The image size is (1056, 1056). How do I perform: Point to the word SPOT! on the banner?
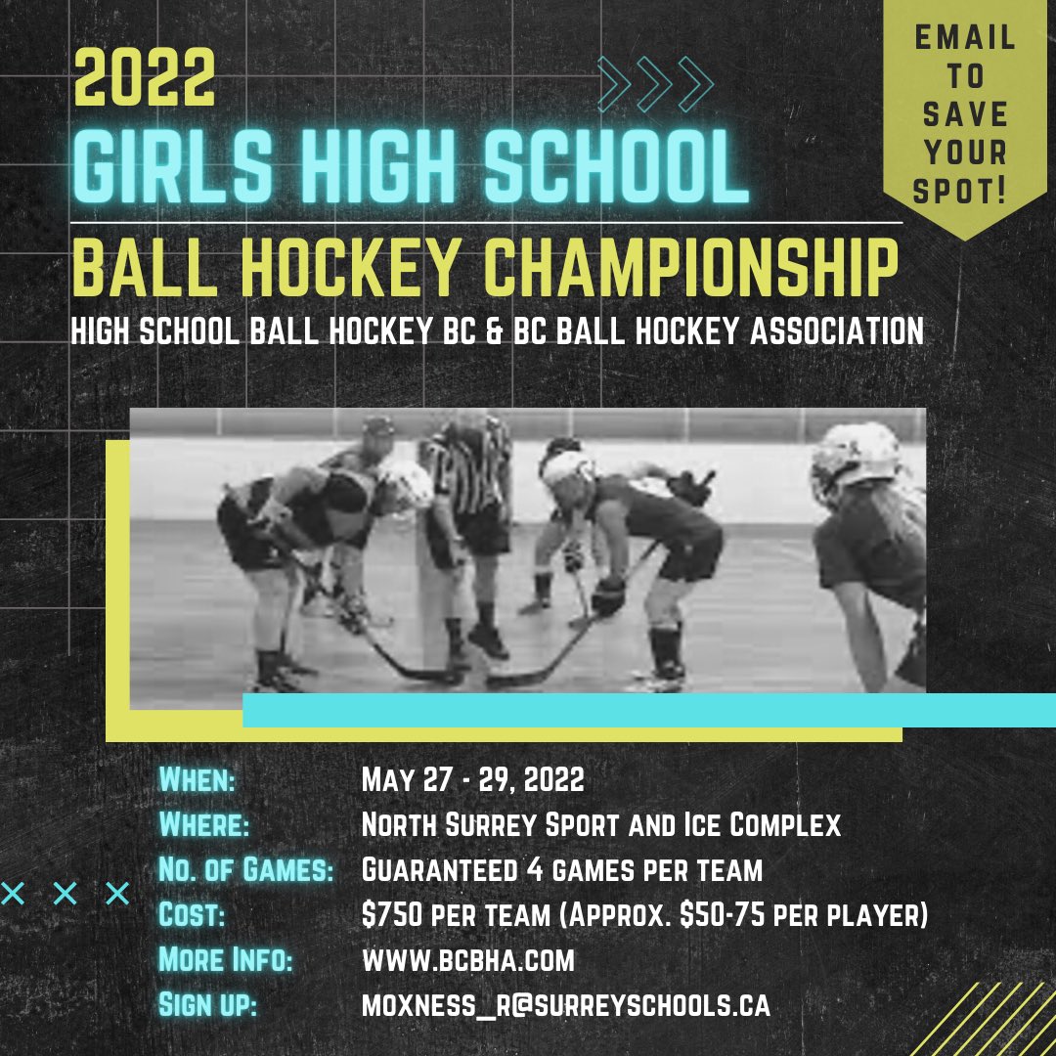click(959, 191)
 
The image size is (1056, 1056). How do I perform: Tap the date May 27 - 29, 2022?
click(472, 780)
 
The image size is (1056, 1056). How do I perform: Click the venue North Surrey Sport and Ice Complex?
click(600, 825)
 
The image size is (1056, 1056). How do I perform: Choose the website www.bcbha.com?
click(467, 960)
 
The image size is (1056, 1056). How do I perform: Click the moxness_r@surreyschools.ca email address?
click(565, 1005)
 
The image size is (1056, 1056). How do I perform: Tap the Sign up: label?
click(207, 1005)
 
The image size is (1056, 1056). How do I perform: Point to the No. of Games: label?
click(245, 870)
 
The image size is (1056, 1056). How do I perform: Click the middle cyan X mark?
click(65, 893)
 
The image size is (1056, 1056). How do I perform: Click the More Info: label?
click(225, 960)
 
